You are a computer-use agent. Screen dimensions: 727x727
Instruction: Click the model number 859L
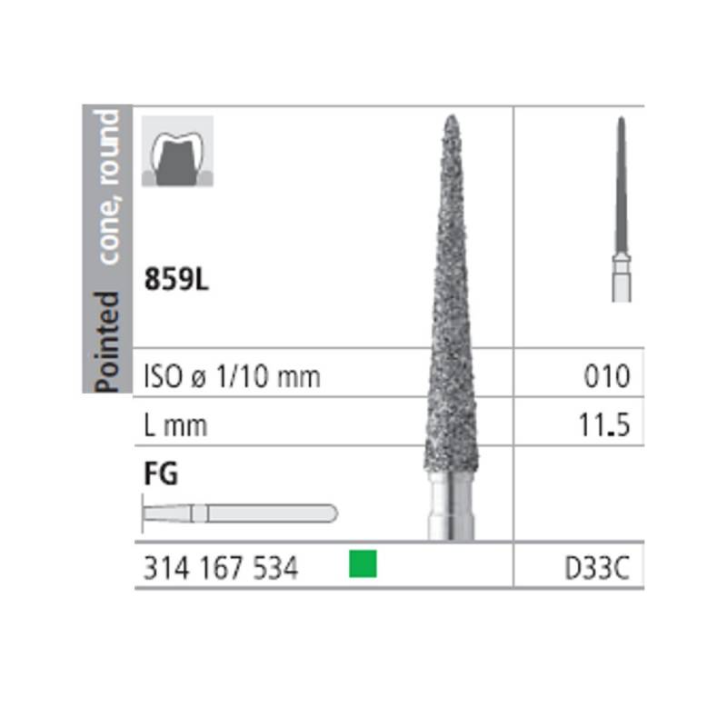point(176,279)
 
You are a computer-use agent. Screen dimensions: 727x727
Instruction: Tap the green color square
point(363,563)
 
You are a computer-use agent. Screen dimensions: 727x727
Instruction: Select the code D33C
point(597,567)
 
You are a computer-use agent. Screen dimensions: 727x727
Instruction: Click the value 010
point(607,375)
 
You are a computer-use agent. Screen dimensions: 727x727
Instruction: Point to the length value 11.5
point(604,424)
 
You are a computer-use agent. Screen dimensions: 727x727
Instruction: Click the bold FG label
point(161,473)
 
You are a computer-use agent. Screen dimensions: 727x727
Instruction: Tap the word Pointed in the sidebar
point(107,343)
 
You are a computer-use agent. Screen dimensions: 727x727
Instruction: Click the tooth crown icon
point(177,151)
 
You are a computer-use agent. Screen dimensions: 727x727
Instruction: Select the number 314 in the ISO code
point(166,568)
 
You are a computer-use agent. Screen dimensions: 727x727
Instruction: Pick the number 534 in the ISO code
point(275,568)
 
